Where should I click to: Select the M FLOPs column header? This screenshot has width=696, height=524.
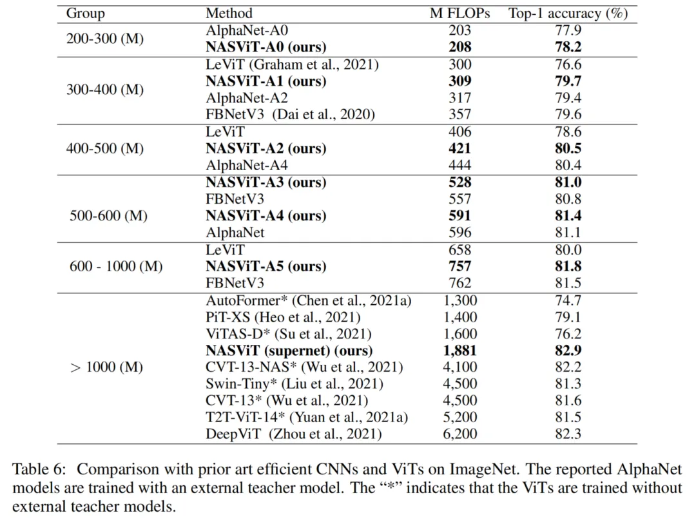460,13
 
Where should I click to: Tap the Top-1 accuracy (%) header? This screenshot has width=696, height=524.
567,13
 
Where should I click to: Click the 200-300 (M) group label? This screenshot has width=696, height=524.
105,39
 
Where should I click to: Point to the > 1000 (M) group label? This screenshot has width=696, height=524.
105,367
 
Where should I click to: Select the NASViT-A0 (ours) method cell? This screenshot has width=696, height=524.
266,47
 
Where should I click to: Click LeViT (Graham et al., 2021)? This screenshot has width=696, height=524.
292,64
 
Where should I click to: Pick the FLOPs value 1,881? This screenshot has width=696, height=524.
460,351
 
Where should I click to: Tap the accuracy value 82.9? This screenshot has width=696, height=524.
567,351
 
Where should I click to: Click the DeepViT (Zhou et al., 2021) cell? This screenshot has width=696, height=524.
293,434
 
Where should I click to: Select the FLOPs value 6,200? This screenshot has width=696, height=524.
460,434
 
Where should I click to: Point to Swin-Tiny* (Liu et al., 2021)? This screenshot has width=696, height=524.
294,384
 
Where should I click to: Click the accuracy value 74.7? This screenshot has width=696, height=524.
567,300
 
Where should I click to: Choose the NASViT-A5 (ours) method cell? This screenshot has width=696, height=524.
266,266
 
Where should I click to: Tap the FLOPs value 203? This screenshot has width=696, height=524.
460,30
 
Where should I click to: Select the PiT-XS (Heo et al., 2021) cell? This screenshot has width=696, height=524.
283,317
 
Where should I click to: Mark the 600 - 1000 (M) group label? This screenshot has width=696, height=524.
116,266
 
